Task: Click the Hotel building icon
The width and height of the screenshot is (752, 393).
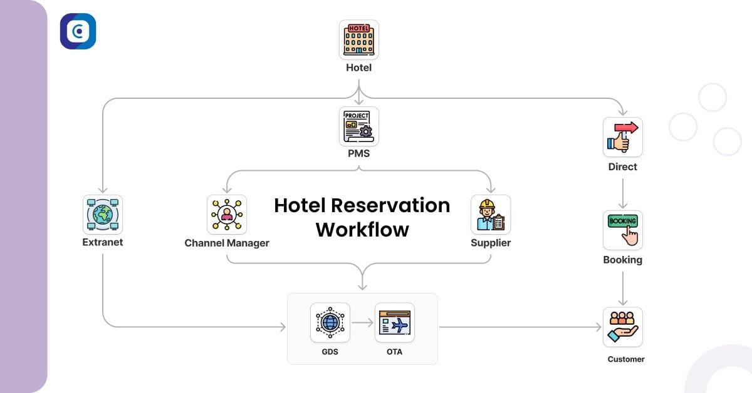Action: [x=358, y=39]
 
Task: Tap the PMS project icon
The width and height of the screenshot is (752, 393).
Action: [x=358, y=126]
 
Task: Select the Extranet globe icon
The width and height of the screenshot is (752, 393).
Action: [x=102, y=214]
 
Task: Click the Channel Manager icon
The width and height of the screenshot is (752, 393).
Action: [x=227, y=214]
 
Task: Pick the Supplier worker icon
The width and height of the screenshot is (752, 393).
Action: [x=490, y=214]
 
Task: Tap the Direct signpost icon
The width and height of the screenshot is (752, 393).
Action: [x=622, y=137]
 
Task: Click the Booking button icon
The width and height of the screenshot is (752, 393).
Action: [x=622, y=230]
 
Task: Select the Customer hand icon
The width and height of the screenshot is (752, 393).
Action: [x=622, y=327]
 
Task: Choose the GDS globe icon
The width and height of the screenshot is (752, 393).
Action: [x=330, y=323]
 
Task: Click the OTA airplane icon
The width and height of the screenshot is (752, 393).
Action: [x=394, y=323]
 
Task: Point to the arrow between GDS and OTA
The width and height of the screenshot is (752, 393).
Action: [x=362, y=324]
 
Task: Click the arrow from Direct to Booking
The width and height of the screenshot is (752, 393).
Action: [x=622, y=194]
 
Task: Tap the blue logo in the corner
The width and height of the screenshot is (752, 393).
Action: [x=78, y=31]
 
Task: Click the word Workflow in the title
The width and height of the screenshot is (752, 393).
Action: [x=362, y=229]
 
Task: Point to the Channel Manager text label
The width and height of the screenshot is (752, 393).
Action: [x=227, y=243]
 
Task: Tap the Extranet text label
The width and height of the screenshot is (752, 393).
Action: [x=102, y=242]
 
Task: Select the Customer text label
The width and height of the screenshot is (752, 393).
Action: [x=625, y=359]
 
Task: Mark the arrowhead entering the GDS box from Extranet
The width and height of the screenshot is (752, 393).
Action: [x=282, y=327]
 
